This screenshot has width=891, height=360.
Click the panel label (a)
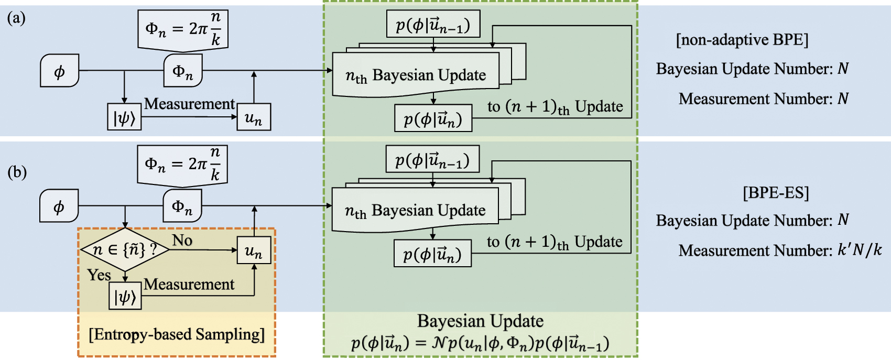pos(16,18)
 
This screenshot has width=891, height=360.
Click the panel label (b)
pos(17,172)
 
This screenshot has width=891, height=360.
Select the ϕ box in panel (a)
pos(60,70)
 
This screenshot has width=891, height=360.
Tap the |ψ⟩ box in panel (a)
pos(124,117)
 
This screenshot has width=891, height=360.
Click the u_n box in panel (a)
pos(254,117)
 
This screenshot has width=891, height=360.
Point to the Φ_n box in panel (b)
pos(182,206)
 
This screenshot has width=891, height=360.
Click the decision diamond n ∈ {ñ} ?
pos(125,250)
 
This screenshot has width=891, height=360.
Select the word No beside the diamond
pos(182,241)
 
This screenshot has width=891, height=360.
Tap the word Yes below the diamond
pos(99,275)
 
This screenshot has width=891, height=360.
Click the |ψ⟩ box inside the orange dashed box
pos(125,296)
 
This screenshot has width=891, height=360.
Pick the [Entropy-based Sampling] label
pos(177,334)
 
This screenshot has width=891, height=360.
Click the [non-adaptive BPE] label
pos(742,40)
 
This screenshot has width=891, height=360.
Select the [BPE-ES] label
pos(776,193)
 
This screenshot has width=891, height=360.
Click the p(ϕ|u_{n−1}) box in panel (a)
pos(433,24)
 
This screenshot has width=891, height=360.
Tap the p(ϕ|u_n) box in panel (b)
pos(433,254)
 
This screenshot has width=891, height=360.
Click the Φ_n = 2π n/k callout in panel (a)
pos(183,30)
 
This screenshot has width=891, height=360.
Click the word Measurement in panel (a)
pos(189,104)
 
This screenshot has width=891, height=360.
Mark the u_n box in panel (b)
pos(254,250)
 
